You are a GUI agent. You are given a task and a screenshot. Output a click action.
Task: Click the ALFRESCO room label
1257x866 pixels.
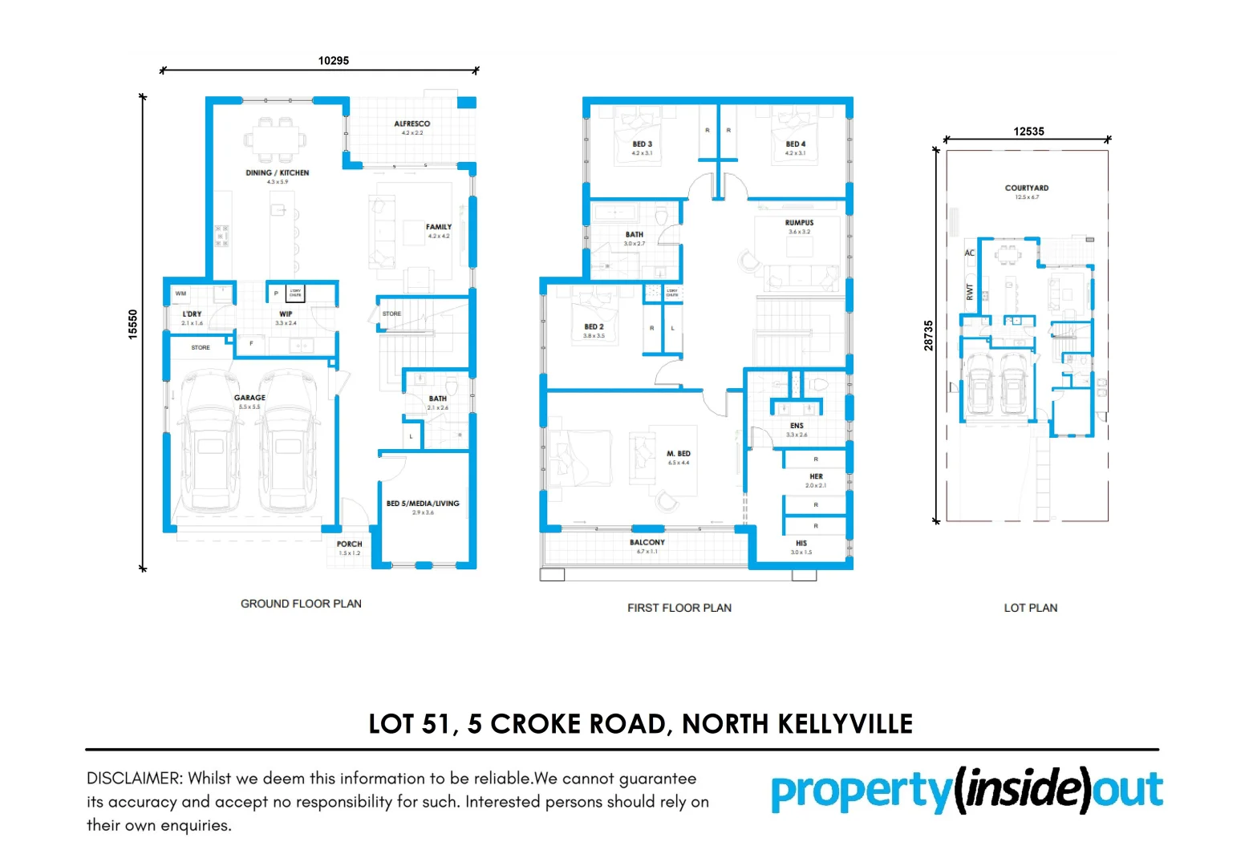[412, 124]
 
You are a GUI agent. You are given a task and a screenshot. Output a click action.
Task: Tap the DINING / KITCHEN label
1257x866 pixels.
[277, 173]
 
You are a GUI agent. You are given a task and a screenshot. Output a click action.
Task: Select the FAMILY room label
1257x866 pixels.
[438, 228]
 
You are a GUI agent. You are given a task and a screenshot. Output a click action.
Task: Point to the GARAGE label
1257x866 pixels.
[249, 398]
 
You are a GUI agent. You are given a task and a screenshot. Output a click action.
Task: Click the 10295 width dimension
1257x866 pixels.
[333, 61]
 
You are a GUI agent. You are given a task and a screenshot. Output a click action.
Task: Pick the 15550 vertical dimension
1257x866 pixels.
[133, 324]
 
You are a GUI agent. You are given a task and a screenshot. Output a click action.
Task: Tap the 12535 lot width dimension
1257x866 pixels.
[1028, 132]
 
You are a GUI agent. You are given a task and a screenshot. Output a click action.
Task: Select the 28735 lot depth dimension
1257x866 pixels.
[929, 335]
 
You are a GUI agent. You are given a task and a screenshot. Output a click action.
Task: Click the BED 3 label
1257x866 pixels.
[642, 144]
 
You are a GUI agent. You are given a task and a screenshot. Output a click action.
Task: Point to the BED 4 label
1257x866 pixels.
[795, 144]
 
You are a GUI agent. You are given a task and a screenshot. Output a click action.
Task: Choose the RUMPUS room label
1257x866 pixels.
[799, 223]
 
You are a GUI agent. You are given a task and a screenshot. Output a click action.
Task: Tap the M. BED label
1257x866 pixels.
[678, 454]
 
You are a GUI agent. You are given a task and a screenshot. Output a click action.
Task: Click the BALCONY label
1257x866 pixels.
[647, 543]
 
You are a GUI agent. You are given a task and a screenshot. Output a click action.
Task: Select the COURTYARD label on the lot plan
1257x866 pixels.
[1026, 188]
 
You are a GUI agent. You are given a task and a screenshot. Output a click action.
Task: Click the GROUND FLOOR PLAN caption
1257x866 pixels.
[301, 604]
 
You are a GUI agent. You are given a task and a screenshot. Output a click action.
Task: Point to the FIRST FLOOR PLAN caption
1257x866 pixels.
[679, 608]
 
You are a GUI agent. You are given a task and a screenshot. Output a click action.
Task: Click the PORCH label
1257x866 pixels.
[349, 544]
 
